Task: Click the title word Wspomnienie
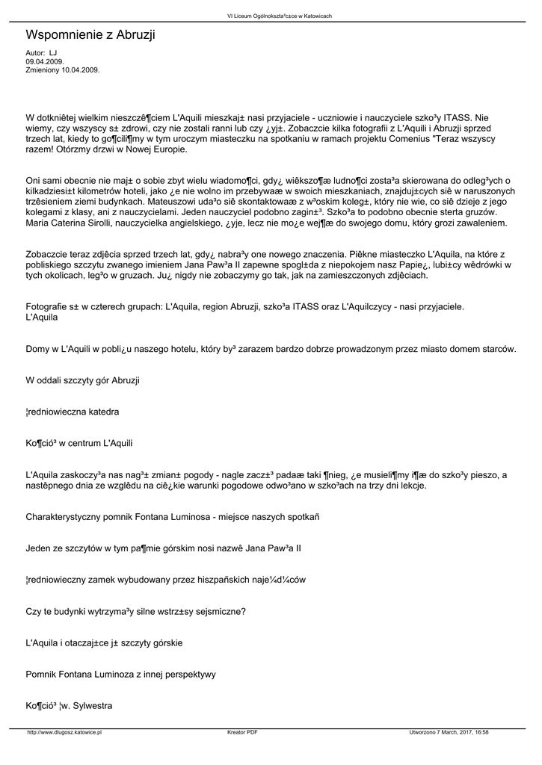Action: (x=66, y=35)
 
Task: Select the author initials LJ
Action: (x=53, y=53)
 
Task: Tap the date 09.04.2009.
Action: (x=45, y=61)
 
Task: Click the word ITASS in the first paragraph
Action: (x=458, y=117)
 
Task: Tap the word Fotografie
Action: (x=48, y=306)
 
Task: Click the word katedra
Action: (x=103, y=412)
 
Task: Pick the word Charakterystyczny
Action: (x=73, y=517)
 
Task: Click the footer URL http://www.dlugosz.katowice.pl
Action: (x=64, y=733)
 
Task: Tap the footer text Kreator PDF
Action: (x=242, y=733)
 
